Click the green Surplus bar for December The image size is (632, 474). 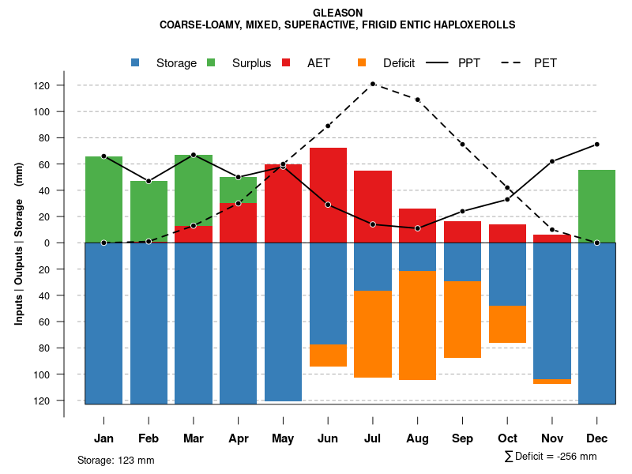(596, 206)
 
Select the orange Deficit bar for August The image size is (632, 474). (417, 325)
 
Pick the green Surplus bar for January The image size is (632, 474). (103, 199)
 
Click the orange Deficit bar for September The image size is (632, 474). (462, 319)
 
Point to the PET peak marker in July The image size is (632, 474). (372, 84)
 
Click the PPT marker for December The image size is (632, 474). (596, 145)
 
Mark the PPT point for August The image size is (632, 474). (417, 228)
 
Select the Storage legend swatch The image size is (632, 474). (136, 63)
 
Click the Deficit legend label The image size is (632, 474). (399, 63)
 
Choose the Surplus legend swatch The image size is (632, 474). (212, 63)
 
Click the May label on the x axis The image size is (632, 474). (283, 438)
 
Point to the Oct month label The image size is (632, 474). (507, 438)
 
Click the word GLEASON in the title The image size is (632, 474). (337, 13)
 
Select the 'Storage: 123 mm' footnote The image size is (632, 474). (115, 460)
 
